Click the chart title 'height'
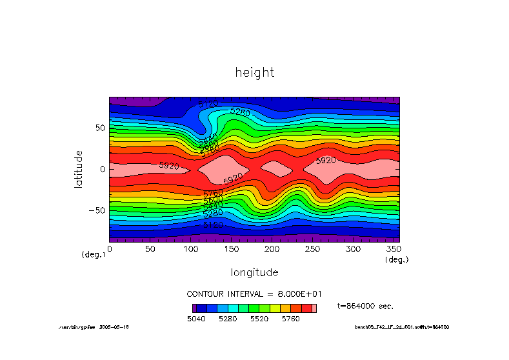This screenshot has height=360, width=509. click(255, 72)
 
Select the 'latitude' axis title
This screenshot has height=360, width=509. click(79, 168)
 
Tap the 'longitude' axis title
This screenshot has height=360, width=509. click(254, 272)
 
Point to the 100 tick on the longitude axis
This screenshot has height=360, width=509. click(191, 248)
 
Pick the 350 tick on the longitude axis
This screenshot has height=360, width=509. click(394, 248)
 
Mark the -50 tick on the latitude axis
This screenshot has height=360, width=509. click(96, 210)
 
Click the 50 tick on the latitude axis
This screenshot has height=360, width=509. click(99, 128)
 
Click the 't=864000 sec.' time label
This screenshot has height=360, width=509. click(365, 306)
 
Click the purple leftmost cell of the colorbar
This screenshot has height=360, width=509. click(194, 308)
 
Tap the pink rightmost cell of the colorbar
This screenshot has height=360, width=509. click(314, 308)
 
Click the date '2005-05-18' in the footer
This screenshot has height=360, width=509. click(114, 327)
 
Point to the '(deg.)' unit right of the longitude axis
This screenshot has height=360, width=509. click(397, 259)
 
